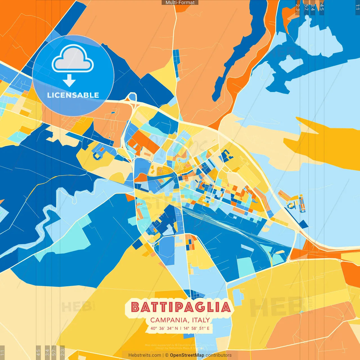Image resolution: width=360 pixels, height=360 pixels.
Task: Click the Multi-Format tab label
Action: coord(180,3)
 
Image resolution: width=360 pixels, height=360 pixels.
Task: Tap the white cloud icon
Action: coord(73,58)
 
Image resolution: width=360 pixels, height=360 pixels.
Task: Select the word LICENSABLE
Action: coord(73,95)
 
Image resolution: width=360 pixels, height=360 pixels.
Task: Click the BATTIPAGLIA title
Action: coord(181,307)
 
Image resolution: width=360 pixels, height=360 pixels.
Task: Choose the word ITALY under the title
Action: coord(201,320)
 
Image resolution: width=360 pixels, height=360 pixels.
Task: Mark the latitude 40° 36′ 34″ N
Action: coord(164,328)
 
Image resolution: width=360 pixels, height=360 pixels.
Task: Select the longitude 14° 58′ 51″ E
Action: coord(196,328)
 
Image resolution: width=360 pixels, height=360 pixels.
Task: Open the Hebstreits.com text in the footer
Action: coord(145,355)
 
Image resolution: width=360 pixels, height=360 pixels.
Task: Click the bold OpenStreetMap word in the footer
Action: coord(187,355)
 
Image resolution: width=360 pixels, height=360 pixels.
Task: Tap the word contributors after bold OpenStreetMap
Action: coord(219,355)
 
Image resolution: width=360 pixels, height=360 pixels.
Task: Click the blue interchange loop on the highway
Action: coord(132,97)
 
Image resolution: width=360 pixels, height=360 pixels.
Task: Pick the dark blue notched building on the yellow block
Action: coord(226,156)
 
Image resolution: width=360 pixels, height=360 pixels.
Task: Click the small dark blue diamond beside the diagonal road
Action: coord(303,224)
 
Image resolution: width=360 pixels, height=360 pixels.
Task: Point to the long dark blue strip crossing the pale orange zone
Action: coord(242,48)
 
